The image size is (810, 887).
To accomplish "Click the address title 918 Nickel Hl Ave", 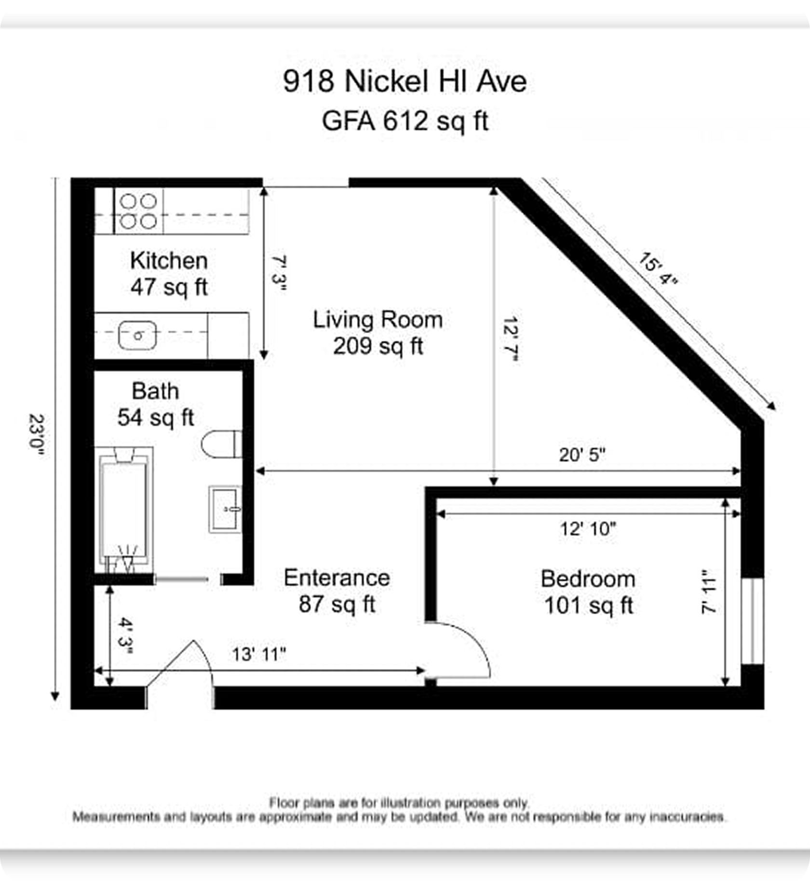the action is click(x=405, y=81).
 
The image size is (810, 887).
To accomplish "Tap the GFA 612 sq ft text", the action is click(x=405, y=121).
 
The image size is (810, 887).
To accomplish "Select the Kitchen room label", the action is click(x=169, y=261).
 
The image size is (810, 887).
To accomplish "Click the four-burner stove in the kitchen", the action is click(x=138, y=211).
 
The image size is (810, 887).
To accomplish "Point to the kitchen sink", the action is click(x=138, y=335).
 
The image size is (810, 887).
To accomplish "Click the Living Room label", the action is click(x=378, y=320).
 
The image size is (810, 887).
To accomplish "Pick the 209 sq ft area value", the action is click(x=378, y=346).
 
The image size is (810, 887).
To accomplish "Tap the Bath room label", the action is click(x=155, y=391).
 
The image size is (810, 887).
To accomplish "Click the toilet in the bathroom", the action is click(x=221, y=444).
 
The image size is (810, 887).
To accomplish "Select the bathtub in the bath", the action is click(x=124, y=510).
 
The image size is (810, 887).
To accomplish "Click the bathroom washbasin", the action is click(x=225, y=509).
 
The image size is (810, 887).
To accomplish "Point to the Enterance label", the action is click(x=337, y=578).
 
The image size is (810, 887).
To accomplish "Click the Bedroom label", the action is click(x=588, y=579).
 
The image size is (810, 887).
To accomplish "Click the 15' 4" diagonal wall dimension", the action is click(x=658, y=269).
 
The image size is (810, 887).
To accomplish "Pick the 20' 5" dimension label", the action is click(x=582, y=455).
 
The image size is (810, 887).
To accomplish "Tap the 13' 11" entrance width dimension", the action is click(x=259, y=654).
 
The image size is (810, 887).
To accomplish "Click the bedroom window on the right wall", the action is click(x=752, y=621).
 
